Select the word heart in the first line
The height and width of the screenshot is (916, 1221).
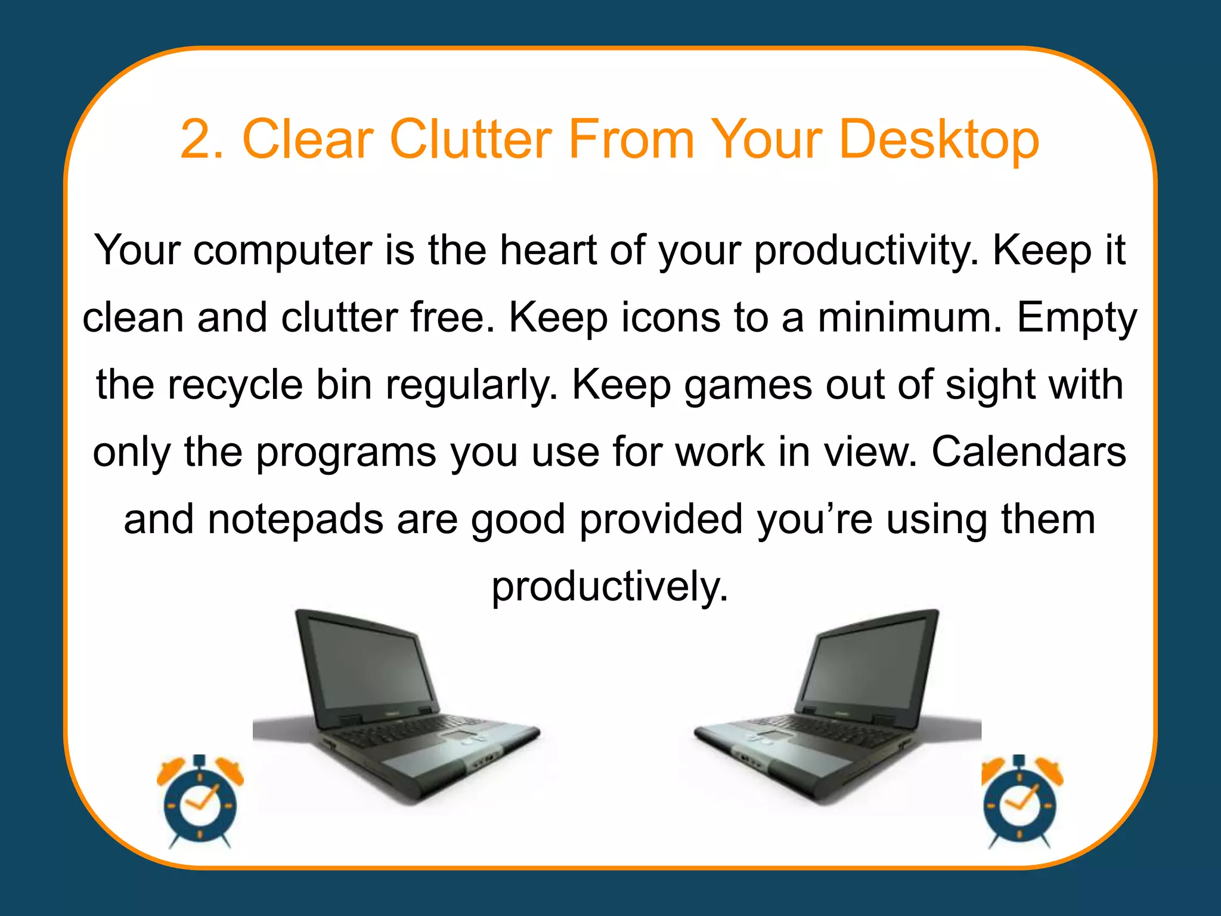coord(548,250)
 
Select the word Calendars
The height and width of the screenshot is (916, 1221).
coord(1028,451)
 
